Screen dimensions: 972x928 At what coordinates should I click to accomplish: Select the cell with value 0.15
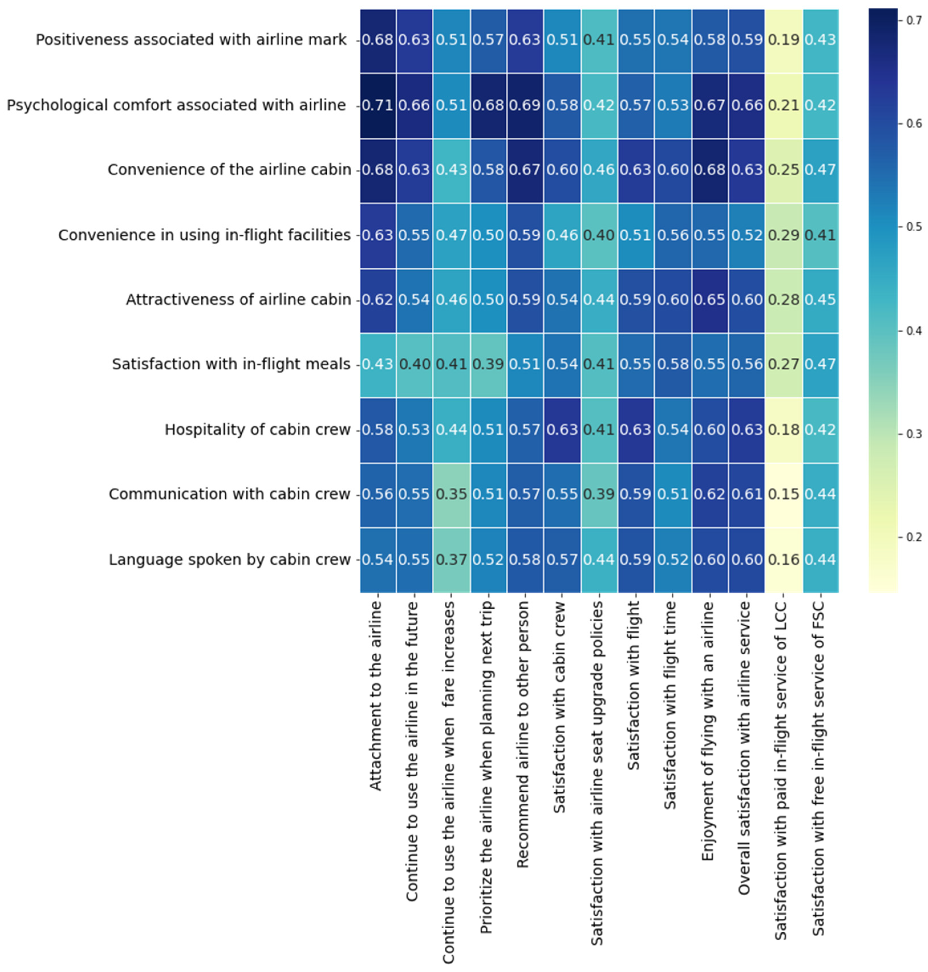tap(783, 494)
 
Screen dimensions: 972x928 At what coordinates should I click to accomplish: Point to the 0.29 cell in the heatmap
tap(783, 235)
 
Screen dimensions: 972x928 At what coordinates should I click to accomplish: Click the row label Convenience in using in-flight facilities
tap(204, 235)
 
